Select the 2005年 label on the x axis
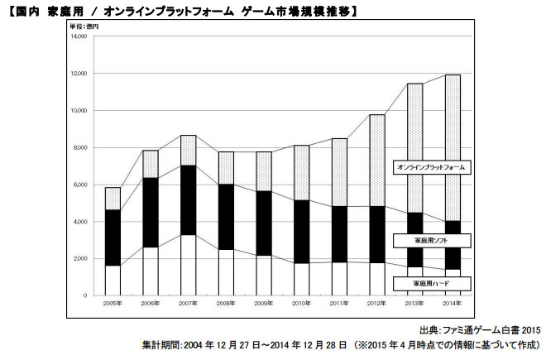113,304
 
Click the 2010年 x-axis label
301,304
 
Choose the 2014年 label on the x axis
452,304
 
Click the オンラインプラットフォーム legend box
432,167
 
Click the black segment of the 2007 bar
188,200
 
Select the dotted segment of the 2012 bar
376,161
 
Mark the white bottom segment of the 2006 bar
151,271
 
